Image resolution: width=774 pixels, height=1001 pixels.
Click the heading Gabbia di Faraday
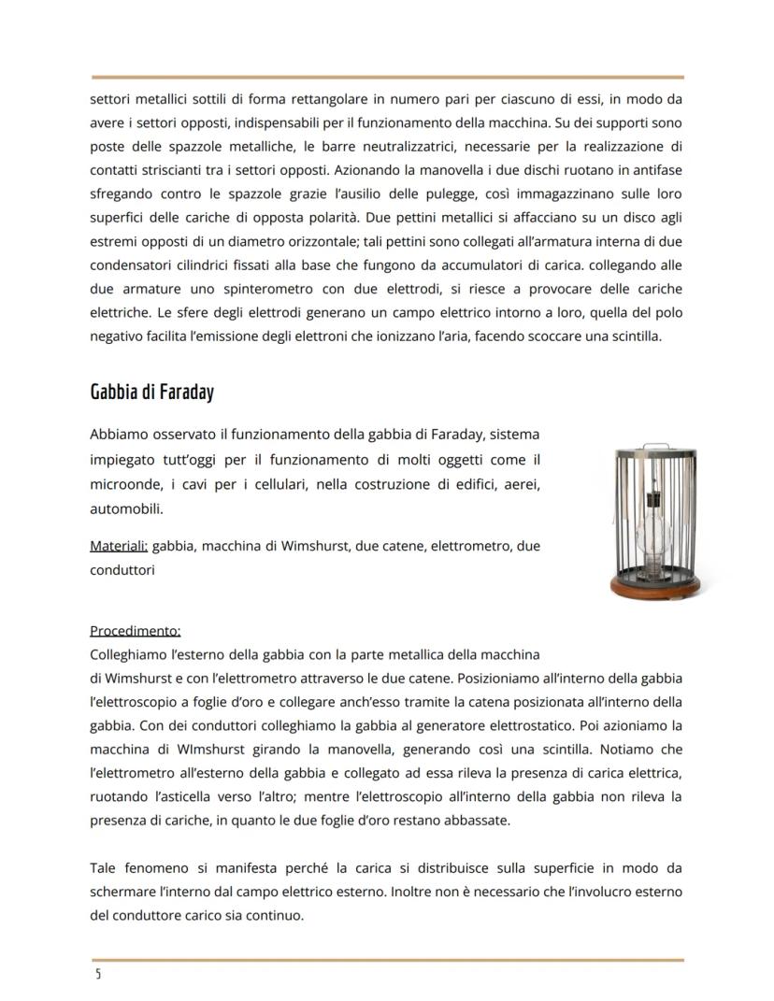click(x=151, y=392)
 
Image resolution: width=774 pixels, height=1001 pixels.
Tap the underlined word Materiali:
click(x=119, y=545)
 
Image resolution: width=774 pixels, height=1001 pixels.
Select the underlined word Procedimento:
click(x=135, y=630)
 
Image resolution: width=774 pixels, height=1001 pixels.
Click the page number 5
click(x=97, y=975)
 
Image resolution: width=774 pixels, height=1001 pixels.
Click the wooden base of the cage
click(x=654, y=588)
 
